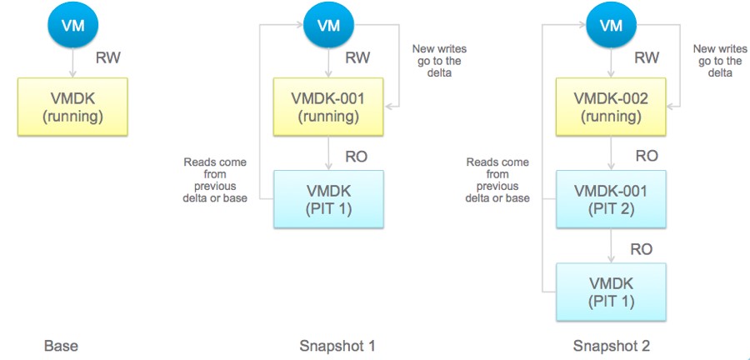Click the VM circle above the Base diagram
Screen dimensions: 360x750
click(x=72, y=25)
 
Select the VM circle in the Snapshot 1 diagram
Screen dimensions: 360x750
click(x=328, y=25)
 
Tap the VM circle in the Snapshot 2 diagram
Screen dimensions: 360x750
click(x=612, y=25)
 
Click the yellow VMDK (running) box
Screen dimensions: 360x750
click(x=72, y=107)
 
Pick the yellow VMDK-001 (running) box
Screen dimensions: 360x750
click(x=328, y=107)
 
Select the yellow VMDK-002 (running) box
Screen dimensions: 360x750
click(x=612, y=107)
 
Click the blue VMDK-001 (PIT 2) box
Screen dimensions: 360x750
click(x=612, y=199)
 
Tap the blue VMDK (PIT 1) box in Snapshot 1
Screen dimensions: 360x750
click(x=328, y=199)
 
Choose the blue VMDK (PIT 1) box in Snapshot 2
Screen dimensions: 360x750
click(x=612, y=292)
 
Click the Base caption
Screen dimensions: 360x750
click(x=61, y=345)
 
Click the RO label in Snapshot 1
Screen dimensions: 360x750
click(x=356, y=156)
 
